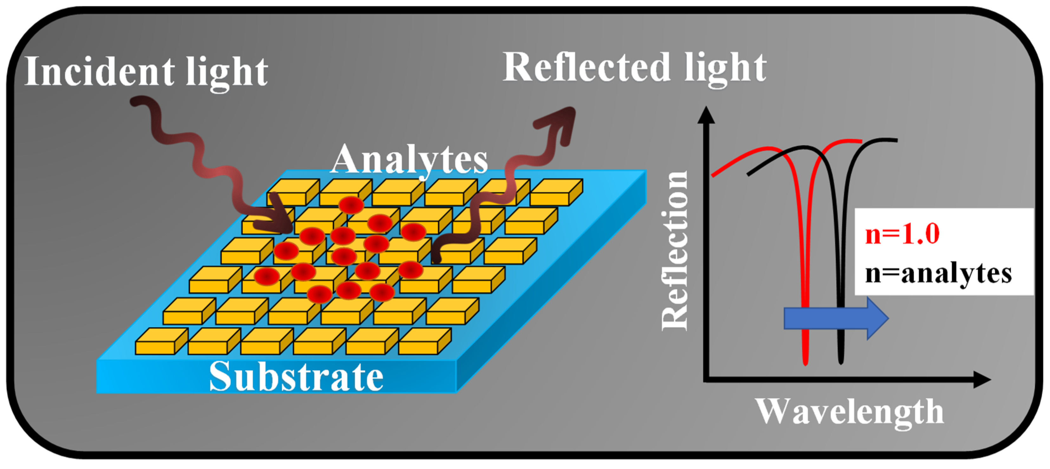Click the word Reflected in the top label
(x=586, y=67)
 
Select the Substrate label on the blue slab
(x=296, y=377)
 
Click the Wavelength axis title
(x=850, y=412)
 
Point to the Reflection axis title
(x=675, y=250)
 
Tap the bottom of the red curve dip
(x=805, y=362)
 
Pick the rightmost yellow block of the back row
(x=556, y=192)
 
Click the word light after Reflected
(x=726, y=68)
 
